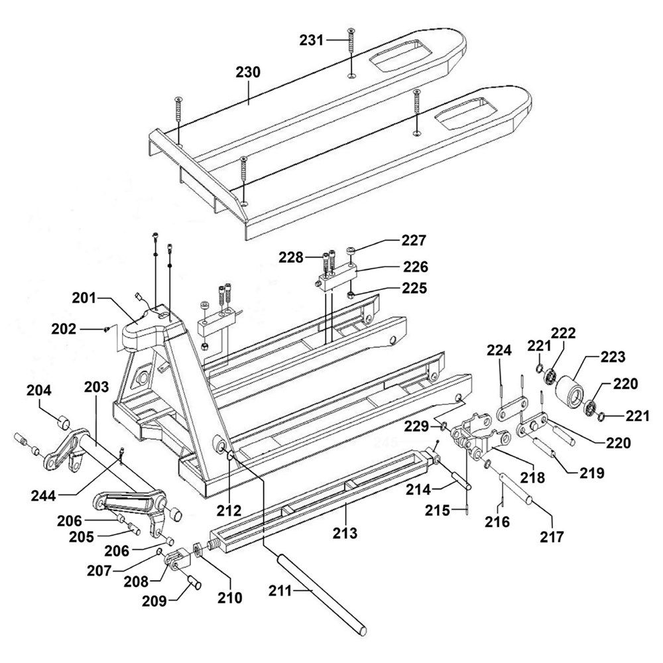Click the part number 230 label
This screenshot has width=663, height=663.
coord(248,72)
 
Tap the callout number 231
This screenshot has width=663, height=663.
coord(312,40)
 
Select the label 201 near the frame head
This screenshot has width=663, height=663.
coord(84,298)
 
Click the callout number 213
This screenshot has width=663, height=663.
coord(345,533)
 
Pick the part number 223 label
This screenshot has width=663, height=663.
coord(613,357)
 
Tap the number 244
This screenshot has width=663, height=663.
coord(43,495)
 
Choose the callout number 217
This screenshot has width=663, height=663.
coord(552,536)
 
